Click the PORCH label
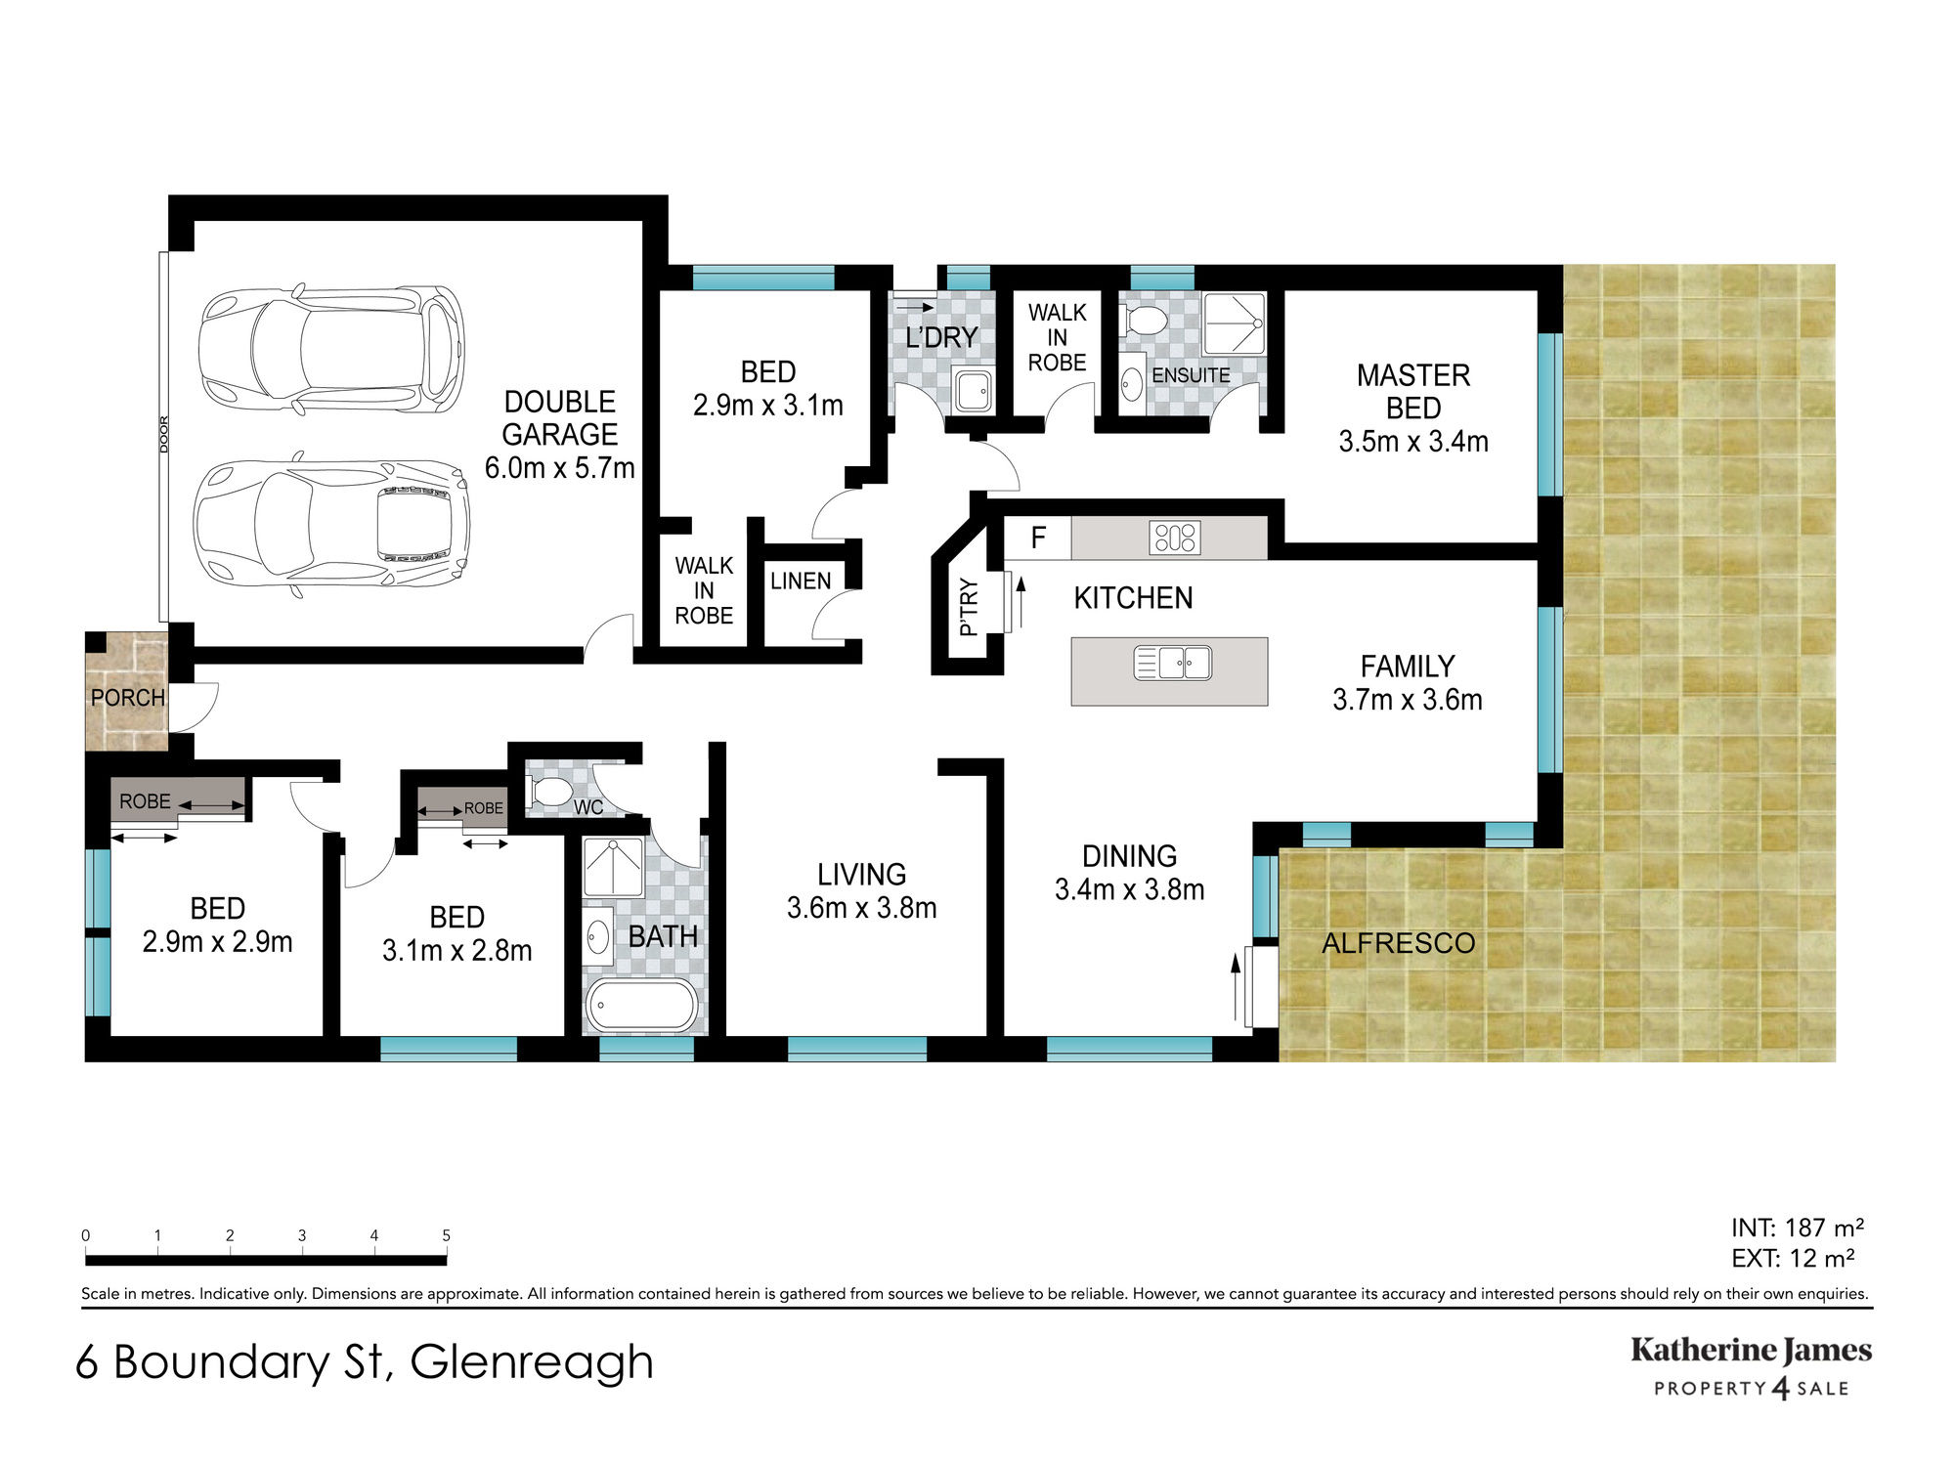(127, 698)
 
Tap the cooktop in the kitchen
(1174, 538)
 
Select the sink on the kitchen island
(1172, 663)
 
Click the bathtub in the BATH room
(640, 1005)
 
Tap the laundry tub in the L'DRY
(974, 391)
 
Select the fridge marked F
(1038, 538)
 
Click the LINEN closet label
(801, 581)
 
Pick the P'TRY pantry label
(969, 607)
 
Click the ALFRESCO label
(1398, 943)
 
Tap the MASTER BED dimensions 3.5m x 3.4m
(1413, 442)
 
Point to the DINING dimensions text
(1129, 889)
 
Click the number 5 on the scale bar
(446, 1235)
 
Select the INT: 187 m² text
(1798, 1228)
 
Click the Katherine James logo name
(1751, 1352)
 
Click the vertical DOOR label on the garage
(164, 434)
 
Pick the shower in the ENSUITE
(1235, 323)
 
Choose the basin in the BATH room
(598, 936)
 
